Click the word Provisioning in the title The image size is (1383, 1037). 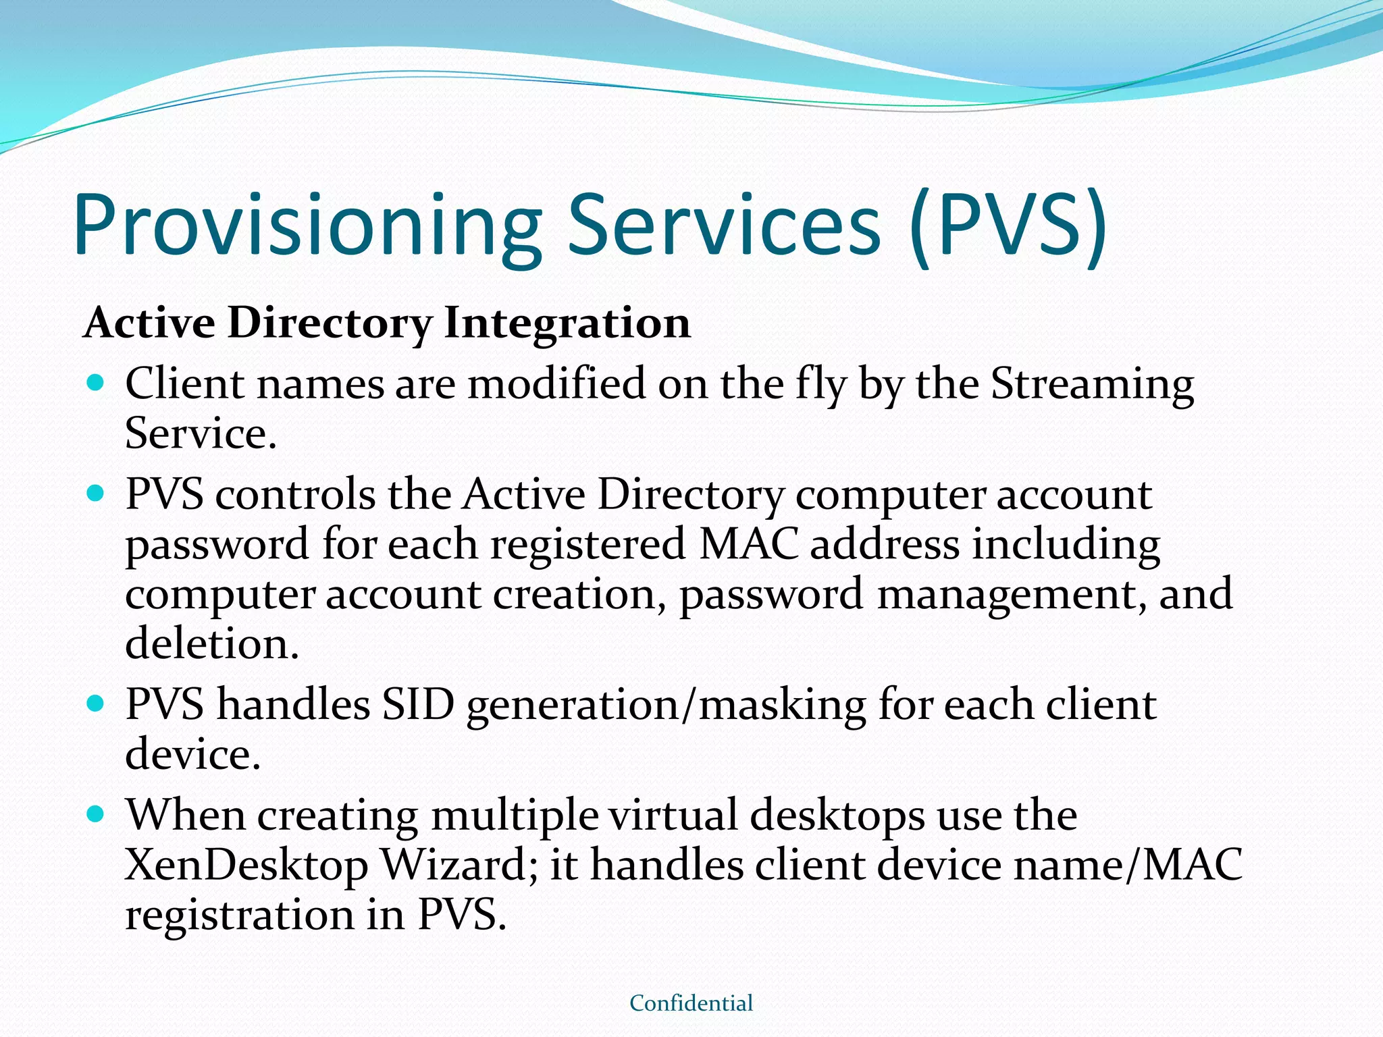(x=307, y=226)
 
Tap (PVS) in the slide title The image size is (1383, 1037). (x=1008, y=226)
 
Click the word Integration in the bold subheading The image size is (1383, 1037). (x=567, y=323)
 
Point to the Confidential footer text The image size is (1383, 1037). (x=691, y=1003)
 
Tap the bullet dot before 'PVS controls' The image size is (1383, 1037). (x=96, y=494)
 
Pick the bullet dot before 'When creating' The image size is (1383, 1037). (x=96, y=814)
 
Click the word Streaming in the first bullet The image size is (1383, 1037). (x=1092, y=385)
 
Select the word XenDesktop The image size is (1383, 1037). (x=246, y=865)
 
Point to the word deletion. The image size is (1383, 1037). (x=211, y=643)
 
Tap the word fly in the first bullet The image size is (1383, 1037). (x=820, y=385)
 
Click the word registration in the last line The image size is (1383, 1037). (x=240, y=915)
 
